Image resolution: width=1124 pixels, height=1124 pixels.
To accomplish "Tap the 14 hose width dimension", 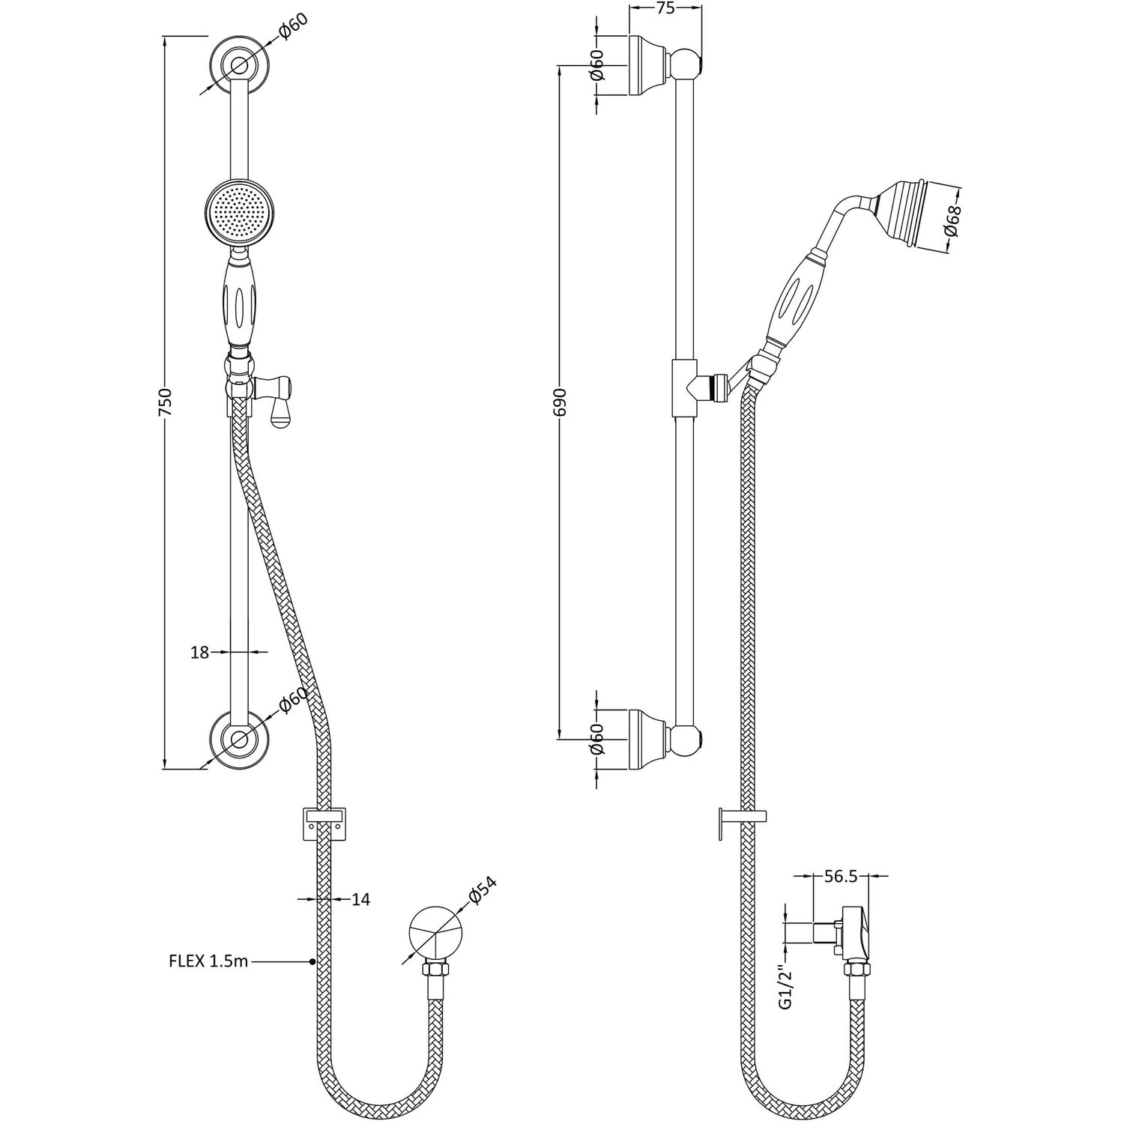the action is pos(360,898).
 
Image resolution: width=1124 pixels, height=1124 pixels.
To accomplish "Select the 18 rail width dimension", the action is pos(199,652).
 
